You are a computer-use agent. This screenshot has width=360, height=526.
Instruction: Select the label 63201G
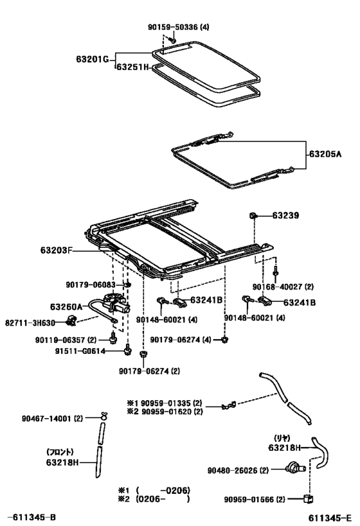tap(93, 61)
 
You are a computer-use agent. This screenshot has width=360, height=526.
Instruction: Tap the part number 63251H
tap(132, 66)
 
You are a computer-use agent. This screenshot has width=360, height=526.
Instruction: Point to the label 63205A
tap(326, 154)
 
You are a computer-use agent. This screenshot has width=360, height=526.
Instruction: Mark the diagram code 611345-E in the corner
tap(329, 516)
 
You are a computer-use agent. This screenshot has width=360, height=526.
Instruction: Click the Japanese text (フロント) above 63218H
tap(61, 451)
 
